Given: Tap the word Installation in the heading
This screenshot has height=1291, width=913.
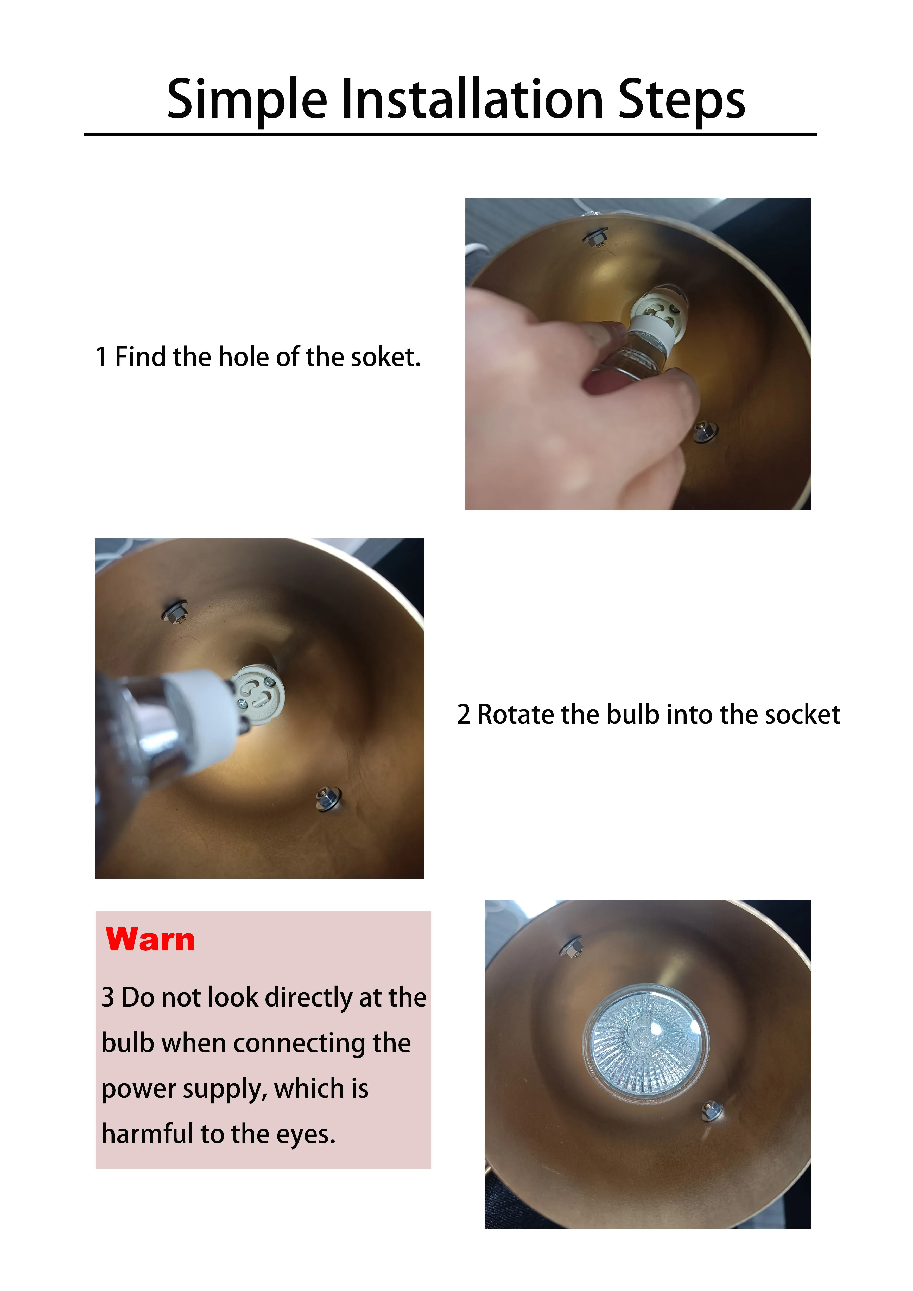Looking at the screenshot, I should [x=472, y=100].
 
